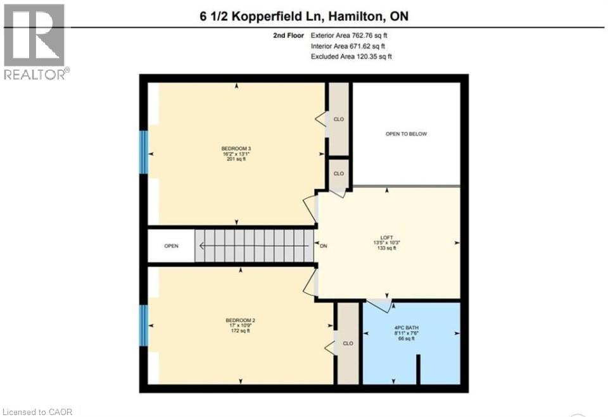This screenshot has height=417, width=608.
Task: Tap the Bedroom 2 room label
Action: tap(240, 320)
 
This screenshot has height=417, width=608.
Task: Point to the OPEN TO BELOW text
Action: tap(406, 134)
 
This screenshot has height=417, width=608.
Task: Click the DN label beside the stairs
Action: tap(323, 246)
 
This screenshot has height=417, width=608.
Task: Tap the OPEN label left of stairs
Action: tap(171, 246)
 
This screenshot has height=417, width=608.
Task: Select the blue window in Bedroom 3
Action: tap(144, 152)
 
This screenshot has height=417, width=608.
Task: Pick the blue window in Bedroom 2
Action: tap(144, 325)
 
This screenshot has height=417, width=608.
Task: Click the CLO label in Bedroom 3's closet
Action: tap(338, 118)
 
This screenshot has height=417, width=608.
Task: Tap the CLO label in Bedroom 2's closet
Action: tap(347, 344)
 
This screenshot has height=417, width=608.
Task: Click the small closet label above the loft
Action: tap(338, 173)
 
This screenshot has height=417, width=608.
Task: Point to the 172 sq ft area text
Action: tap(240, 331)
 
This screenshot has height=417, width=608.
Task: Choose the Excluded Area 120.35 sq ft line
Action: tap(351, 57)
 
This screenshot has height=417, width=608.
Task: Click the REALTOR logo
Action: tap(35, 42)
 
